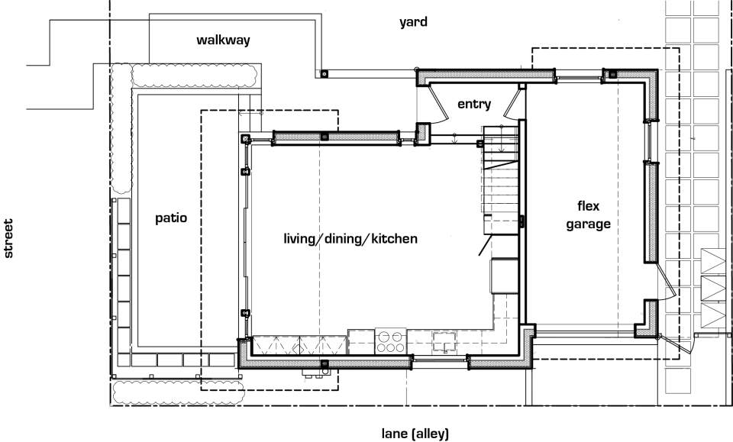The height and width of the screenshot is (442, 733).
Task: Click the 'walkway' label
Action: pos(223,40)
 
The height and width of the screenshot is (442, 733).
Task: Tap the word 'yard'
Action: pos(413,22)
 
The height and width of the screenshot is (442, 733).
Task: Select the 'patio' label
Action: pos(170,218)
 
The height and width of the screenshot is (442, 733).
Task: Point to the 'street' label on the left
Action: pos(9,239)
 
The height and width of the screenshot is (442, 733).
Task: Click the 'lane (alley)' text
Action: pos(410,434)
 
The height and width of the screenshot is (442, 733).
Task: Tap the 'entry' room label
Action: pos(473,104)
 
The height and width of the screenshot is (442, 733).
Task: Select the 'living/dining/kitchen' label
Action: pos(350,239)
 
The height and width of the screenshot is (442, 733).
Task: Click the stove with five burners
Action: pos(389,340)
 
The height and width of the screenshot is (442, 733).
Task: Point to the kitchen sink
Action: pos(444,340)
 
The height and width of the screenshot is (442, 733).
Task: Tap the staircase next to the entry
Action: pos(500,179)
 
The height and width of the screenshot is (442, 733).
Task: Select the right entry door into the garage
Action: pos(517,103)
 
